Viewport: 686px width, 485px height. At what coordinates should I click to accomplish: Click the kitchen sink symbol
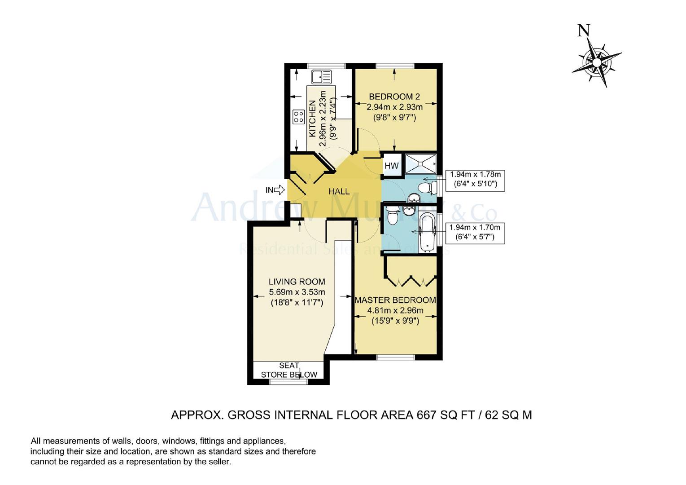pos(322,77)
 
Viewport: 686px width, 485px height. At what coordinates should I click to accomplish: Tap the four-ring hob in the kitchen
pos(299,117)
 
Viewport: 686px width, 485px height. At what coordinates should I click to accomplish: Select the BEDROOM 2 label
pos(394,97)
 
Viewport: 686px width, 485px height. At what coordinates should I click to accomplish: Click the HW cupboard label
pos(391,166)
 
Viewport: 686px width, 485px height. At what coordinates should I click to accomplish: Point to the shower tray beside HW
pos(421,164)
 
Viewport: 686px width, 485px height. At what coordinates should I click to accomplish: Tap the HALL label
pos(339,192)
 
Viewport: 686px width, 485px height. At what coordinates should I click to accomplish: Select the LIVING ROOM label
pos(297,282)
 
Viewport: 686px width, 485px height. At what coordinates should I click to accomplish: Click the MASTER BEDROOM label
pos(395,300)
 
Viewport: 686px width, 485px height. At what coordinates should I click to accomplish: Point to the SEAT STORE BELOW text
pos(289,370)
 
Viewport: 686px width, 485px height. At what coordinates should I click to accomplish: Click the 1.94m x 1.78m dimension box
pos(475,181)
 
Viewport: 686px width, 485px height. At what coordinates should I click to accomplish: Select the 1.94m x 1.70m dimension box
pos(475,234)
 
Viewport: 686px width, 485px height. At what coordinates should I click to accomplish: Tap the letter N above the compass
pos(583,31)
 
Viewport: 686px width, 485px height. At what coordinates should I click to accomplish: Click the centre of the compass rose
pos(597,62)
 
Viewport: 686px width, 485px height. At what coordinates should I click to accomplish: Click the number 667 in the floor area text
pos(426,415)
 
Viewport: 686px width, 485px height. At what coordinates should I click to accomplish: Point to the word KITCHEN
pos(312,119)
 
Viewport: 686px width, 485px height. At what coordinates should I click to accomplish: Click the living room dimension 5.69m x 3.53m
pos(297,292)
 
